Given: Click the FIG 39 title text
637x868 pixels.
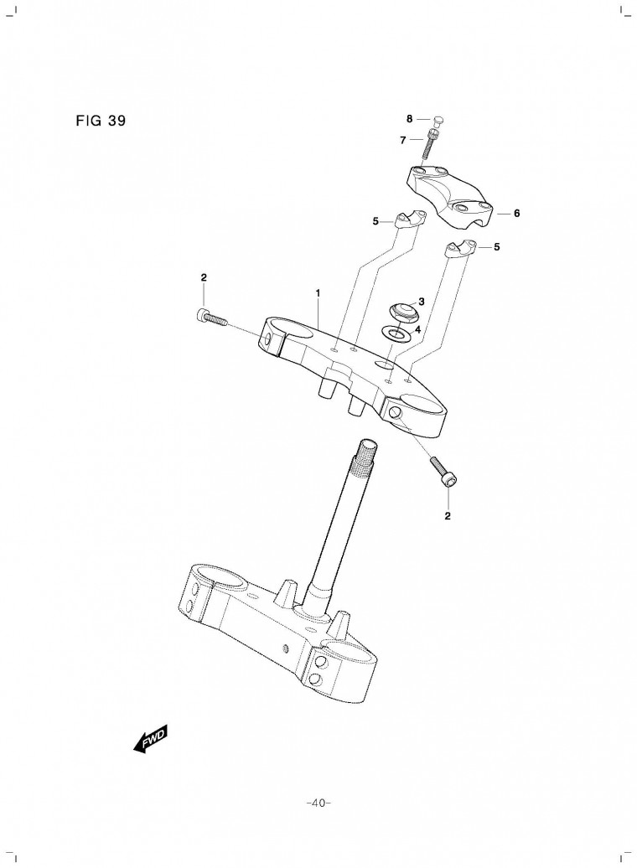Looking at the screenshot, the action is (101, 121).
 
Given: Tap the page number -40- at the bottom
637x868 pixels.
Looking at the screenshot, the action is (318, 803).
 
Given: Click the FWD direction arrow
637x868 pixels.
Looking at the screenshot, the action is (150, 739).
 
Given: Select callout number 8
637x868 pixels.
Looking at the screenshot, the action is (410, 118).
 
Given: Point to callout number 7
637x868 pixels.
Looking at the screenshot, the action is (403, 141).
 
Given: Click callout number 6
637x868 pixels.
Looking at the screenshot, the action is (517, 213).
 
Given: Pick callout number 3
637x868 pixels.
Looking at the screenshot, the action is (422, 302).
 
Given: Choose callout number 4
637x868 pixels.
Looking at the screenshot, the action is (418, 329).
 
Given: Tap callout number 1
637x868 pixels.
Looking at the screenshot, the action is (318, 293).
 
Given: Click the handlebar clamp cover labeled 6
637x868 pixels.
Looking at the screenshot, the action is (450, 195).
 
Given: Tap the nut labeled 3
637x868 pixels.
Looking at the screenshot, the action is (401, 313).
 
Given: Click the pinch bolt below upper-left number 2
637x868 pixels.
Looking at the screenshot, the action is (211, 317).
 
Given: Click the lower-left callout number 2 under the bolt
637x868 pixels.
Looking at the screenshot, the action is (448, 516).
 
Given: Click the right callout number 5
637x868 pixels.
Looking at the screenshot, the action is (496, 247).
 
